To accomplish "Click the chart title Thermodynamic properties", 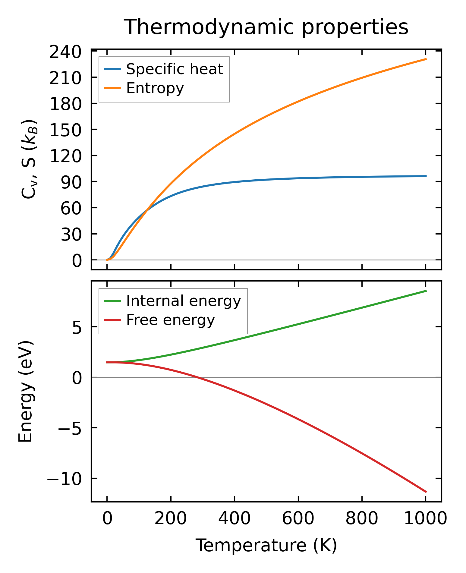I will [x=266, y=27].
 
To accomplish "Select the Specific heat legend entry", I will [x=174, y=69].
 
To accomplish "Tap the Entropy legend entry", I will [x=155, y=88].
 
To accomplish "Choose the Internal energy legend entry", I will [x=183, y=301].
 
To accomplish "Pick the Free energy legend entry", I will [x=170, y=320].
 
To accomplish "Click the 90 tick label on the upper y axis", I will [x=71, y=182].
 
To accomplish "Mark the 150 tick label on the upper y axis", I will [x=65, y=130].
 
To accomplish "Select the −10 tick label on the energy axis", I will [x=64, y=479].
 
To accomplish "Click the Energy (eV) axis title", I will [x=25, y=392].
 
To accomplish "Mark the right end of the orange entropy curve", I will [x=426, y=59].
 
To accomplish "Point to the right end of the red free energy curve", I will [x=426, y=492].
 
